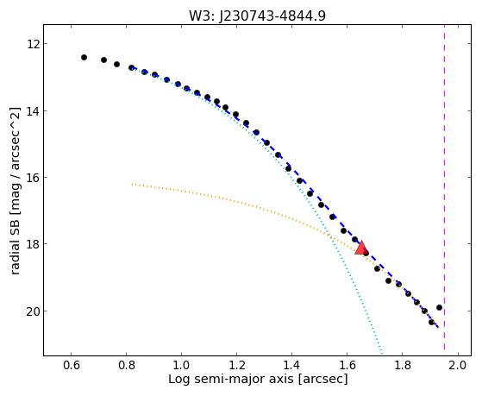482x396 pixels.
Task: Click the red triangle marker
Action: [361, 248]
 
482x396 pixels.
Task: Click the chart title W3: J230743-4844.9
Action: [257, 16]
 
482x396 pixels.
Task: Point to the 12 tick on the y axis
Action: [33, 44]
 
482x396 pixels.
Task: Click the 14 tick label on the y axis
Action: [33, 110]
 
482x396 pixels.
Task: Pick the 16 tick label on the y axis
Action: [33, 178]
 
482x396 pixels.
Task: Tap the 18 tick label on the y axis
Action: [33, 244]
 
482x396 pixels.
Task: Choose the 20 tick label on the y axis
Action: [33, 311]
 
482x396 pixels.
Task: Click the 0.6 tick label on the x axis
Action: [72, 365]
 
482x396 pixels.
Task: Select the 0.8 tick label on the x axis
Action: [127, 365]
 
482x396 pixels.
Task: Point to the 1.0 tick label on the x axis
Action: [181, 365]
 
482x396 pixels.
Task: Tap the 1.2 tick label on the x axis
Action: [237, 365]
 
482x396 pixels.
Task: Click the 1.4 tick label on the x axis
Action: [291, 365]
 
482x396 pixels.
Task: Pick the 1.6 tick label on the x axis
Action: [347, 365]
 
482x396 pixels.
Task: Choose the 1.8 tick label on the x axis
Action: [403, 365]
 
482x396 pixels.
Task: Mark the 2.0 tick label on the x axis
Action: [458, 365]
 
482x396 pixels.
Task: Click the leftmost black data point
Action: [84, 57]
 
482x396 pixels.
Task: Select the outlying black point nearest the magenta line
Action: [439, 307]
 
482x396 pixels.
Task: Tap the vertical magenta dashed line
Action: [445, 187]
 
